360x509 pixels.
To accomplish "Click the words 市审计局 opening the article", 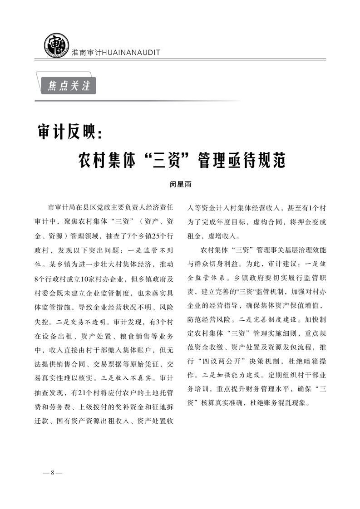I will pyautogui.click(x=61, y=208).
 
